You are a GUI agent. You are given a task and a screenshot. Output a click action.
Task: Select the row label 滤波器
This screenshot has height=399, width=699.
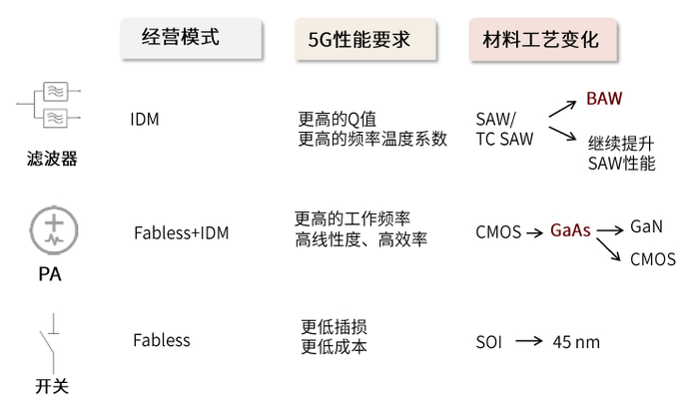point(52,158)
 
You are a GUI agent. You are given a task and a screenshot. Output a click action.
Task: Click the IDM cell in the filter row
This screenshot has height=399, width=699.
point(144,120)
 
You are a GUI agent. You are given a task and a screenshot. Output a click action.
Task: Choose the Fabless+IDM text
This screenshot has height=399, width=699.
point(181,233)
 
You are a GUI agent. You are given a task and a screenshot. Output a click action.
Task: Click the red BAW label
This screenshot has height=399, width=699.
point(604,99)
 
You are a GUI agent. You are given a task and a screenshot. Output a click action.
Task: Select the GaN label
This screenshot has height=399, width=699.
point(646,226)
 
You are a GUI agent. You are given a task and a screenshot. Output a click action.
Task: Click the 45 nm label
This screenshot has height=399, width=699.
point(576,342)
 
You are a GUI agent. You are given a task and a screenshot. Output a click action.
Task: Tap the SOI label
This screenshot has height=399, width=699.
point(489,342)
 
